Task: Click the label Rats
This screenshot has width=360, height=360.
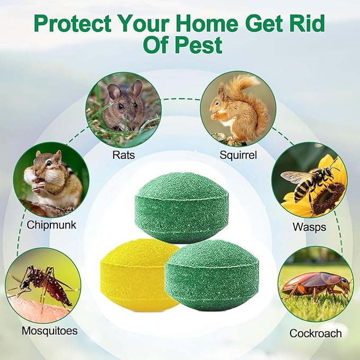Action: coord(123,155)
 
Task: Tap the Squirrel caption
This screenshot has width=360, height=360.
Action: coord(238,155)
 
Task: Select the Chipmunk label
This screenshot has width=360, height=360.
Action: coord(51,225)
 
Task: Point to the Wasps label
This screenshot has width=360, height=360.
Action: coord(309,227)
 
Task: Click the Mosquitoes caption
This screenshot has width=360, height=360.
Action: coord(49,331)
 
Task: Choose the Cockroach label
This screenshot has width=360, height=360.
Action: coord(315,333)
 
